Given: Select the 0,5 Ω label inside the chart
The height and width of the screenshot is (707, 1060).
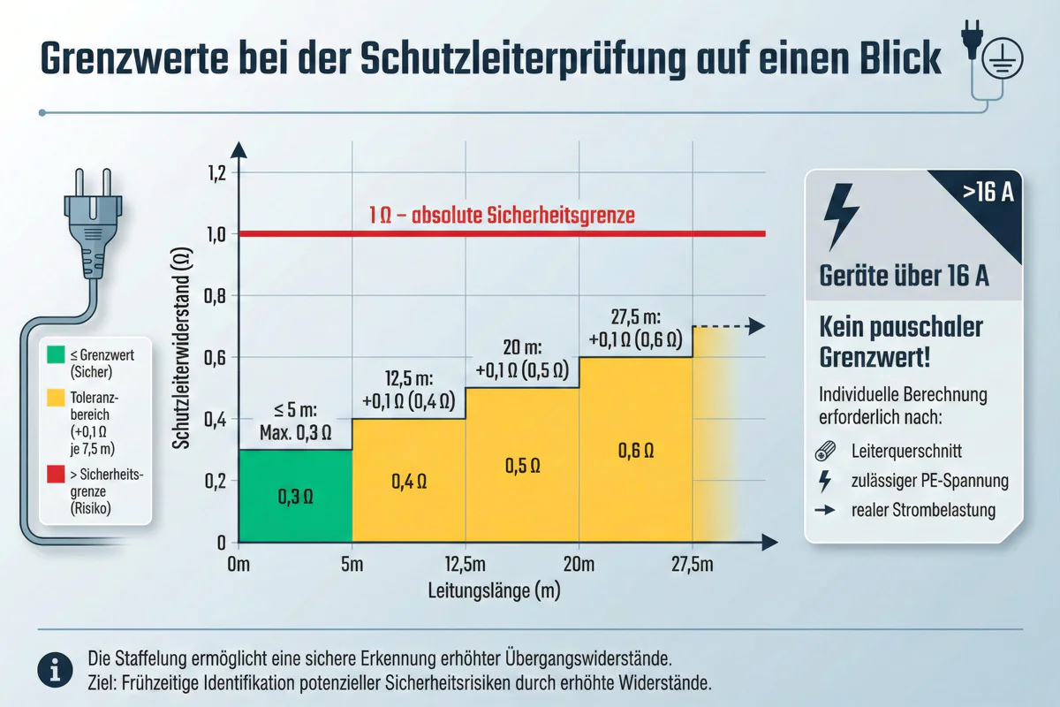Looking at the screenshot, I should click(x=521, y=466).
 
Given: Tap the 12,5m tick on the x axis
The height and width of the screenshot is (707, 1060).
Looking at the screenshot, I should click(x=465, y=566).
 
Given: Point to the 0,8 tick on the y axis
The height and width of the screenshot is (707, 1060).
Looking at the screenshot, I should click(x=216, y=296).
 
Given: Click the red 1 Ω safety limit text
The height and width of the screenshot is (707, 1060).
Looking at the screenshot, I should click(x=502, y=215).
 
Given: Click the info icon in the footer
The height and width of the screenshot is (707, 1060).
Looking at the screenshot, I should click(x=55, y=672).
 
